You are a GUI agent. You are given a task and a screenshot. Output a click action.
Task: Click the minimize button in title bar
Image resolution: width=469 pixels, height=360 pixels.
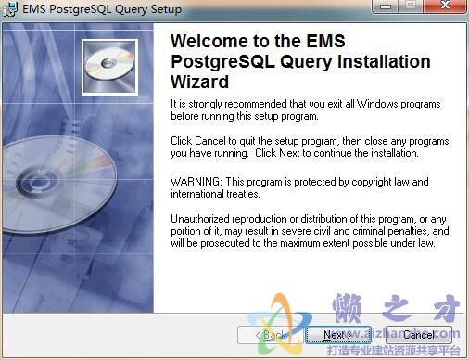coord(388,8)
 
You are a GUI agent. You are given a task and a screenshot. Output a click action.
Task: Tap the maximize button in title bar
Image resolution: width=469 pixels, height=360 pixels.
coord(411,8)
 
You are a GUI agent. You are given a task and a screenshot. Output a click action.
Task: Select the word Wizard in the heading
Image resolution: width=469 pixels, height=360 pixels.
coord(203,82)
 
